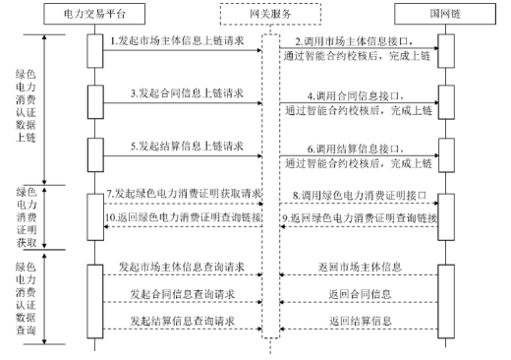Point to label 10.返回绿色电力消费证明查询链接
point(181,216)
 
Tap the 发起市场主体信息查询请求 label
point(180,267)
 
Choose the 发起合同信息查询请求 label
point(180,293)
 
